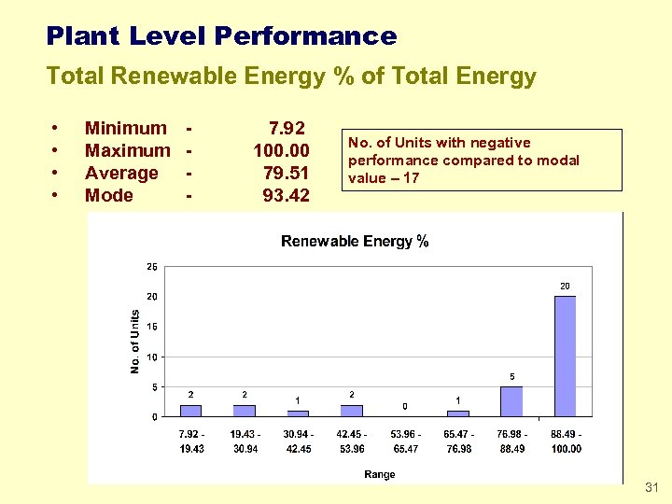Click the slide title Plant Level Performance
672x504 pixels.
(221, 36)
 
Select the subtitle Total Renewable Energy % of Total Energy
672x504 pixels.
(291, 77)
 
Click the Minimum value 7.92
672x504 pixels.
(287, 128)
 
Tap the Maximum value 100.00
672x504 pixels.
(281, 150)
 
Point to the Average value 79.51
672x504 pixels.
(287, 173)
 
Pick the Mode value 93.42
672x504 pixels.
(287, 195)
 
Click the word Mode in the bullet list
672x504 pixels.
(108, 195)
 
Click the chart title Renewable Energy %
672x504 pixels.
(355, 242)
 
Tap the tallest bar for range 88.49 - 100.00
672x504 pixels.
(565, 356)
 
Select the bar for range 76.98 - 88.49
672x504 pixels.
(511, 401)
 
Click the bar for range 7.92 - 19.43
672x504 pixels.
(190, 411)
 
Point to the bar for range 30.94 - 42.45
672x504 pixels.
(298, 413)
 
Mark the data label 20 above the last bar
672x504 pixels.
(565, 285)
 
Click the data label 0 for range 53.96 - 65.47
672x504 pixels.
(404, 406)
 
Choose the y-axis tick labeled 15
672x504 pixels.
(152, 327)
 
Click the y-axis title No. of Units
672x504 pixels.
(134, 342)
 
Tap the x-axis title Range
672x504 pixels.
(379, 474)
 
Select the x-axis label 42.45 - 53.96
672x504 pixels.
(351, 441)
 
